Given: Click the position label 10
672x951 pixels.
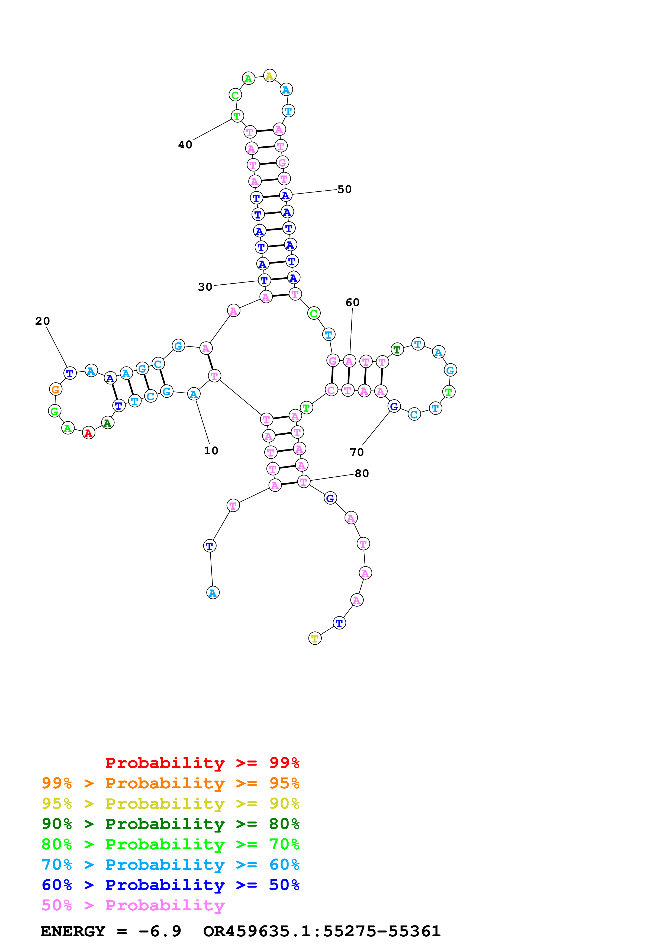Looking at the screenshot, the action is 211,450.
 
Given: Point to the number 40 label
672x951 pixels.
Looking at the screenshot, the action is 185,144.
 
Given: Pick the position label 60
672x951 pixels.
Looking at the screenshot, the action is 352,302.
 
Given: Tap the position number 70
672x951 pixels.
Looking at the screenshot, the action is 356,452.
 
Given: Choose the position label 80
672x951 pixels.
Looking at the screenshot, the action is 361,473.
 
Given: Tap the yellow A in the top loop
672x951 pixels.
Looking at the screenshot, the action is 269,76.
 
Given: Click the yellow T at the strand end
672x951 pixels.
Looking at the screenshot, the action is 315,638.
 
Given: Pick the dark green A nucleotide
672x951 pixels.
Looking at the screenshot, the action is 108,422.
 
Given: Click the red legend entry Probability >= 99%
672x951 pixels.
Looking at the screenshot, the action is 202,763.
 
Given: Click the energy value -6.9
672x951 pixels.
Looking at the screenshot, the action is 159,931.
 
